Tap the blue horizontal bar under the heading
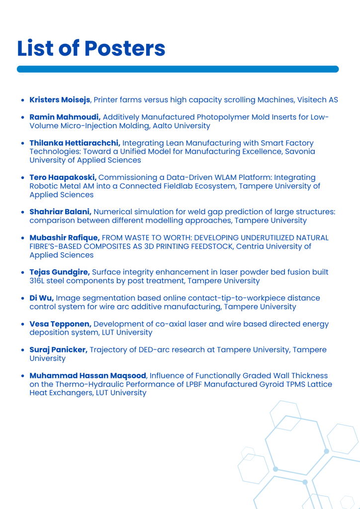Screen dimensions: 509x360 [x=178, y=69]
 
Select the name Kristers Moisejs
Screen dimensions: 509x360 [x=60, y=100]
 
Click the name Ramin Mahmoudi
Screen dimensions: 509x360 [x=65, y=117]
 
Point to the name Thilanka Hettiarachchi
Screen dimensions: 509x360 [x=75, y=143]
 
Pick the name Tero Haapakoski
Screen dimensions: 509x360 [x=63, y=177]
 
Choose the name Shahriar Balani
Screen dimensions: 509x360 [x=60, y=212]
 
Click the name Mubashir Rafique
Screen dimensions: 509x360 [x=64, y=238]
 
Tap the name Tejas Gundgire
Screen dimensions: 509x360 [x=59, y=272]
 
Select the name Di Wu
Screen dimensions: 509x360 [x=41, y=298]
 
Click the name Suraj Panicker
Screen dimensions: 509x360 [x=58, y=350]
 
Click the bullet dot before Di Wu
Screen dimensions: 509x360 [x=23, y=298]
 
